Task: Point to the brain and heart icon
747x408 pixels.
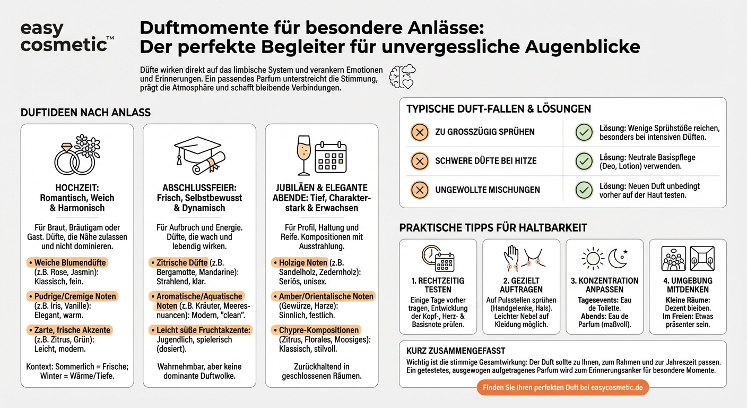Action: [402, 77]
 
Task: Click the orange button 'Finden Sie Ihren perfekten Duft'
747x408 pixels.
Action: [562, 387]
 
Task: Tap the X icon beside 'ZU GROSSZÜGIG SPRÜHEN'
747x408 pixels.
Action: [420, 132]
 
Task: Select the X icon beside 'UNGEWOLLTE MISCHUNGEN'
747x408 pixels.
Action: [420, 190]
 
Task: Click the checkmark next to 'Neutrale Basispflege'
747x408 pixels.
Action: [584, 161]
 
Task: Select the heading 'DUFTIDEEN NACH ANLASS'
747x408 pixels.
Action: [85, 113]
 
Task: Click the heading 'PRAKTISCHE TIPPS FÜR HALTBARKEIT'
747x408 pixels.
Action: [493, 228]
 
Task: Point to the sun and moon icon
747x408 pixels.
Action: [604, 258]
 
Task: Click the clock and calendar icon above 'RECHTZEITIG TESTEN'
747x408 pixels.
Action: [438, 258]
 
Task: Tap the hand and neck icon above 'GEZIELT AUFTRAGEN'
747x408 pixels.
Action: [521, 258]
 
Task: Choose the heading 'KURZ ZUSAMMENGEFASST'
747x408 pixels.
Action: [456, 351]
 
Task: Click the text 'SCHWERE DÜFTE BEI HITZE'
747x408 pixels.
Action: [486, 161]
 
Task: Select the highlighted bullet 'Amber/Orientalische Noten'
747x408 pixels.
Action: [323, 296]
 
